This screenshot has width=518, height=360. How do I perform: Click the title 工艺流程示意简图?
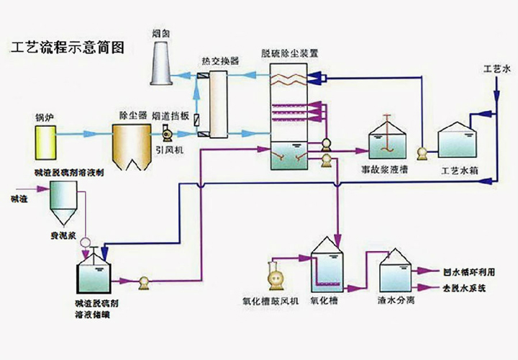pos(68,48)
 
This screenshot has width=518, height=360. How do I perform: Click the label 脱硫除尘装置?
pos(290,53)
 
